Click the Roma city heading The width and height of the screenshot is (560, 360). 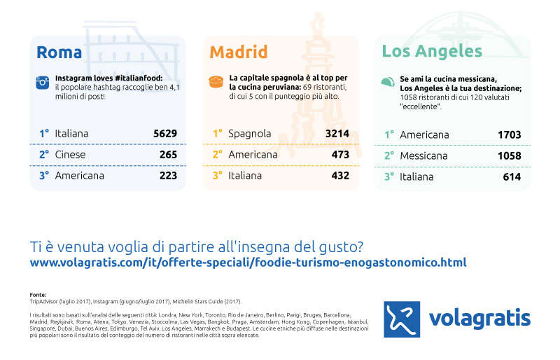(x=59, y=53)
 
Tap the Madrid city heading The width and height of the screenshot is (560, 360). (x=238, y=53)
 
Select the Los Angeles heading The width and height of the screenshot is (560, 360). (x=432, y=52)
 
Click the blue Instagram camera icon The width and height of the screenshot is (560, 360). (x=43, y=83)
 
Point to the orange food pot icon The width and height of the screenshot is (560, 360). (x=216, y=81)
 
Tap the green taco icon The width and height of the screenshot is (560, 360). (x=388, y=82)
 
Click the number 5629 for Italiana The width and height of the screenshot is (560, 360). (x=165, y=134)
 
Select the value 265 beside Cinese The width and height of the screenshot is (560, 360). (x=168, y=155)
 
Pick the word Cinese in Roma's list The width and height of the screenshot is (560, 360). (x=71, y=155)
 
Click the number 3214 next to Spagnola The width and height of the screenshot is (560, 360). (x=337, y=134)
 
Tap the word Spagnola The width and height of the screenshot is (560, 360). (x=250, y=134)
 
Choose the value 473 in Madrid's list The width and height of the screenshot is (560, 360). (x=340, y=155)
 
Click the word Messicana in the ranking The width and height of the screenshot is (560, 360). (x=423, y=156)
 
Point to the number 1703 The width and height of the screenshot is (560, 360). (x=510, y=134)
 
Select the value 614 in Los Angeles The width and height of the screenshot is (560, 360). (x=512, y=177)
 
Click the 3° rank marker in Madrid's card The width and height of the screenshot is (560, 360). (x=218, y=176)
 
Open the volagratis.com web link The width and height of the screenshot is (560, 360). (x=248, y=263)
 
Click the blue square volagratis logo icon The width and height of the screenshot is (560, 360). (x=402, y=319)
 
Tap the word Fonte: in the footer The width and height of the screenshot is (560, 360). (x=38, y=295)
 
